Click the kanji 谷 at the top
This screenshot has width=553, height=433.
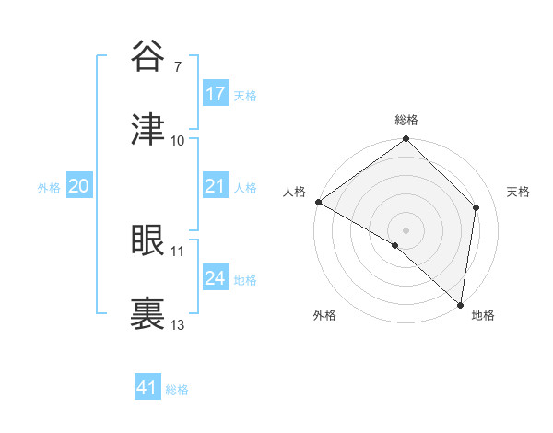(x=148, y=56)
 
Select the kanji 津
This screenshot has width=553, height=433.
(x=148, y=130)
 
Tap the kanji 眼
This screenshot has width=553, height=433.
(x=148, y=240)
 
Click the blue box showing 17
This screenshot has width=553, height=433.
(x=216, y=94)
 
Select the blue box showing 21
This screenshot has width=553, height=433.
(x=216, y=187)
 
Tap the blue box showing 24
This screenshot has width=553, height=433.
(x=216, y=278)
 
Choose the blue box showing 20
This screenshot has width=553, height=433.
(x=78, y=187)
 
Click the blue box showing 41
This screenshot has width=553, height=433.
(x=147, y=389)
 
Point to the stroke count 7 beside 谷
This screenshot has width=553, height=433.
(x=177, y=67)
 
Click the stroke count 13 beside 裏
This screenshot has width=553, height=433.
(x=178, y=325)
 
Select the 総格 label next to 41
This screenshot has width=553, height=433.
(x=177, y=390)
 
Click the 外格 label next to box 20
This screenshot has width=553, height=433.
(x=49, y=188)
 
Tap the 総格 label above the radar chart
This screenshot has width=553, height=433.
(x=406, y=120)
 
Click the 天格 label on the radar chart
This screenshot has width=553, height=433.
(x=519, y=192)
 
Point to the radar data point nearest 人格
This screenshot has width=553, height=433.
(x=318, y=202)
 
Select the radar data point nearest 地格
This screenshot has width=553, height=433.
(x=460, y=304)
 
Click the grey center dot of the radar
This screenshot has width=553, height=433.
(x=406, y=229)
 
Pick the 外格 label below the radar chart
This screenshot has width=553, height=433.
(x=324, y=315)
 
